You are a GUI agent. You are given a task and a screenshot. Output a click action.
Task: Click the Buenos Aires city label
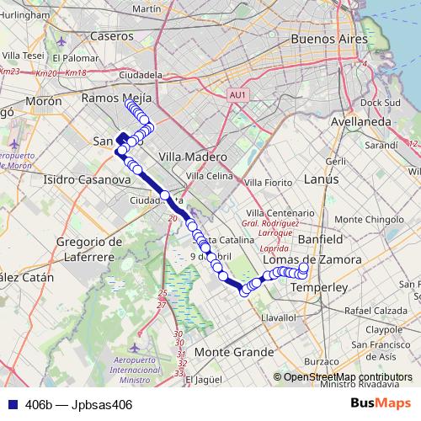(328, 39)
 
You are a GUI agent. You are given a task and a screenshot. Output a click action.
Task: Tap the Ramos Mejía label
(116, 98)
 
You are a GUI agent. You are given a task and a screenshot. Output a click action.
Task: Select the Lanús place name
(321, 179)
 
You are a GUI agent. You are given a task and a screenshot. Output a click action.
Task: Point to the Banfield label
(321, 239)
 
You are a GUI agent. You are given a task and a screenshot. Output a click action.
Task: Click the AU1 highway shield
(237, 95)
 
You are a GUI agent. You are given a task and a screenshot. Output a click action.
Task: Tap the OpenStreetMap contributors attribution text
(348, 377)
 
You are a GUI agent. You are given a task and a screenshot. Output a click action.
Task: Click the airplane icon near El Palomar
(61, 42)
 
